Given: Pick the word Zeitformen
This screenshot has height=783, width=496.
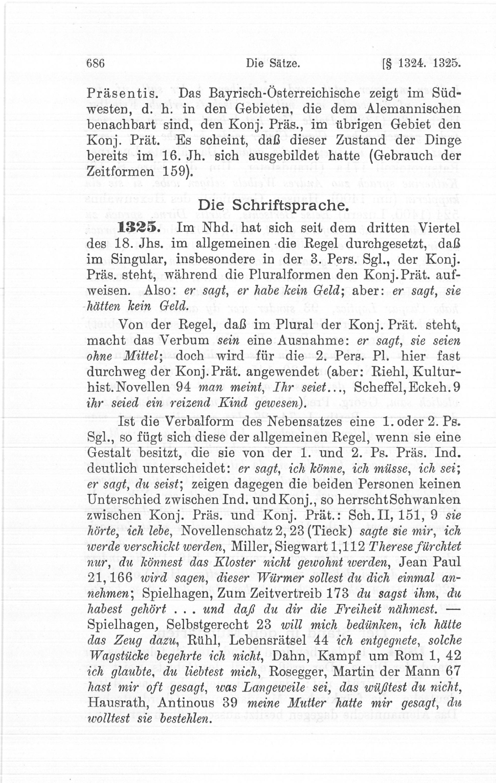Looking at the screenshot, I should (x=120, y=172).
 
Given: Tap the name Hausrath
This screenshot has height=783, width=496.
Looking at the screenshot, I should (x=117, y=703).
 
